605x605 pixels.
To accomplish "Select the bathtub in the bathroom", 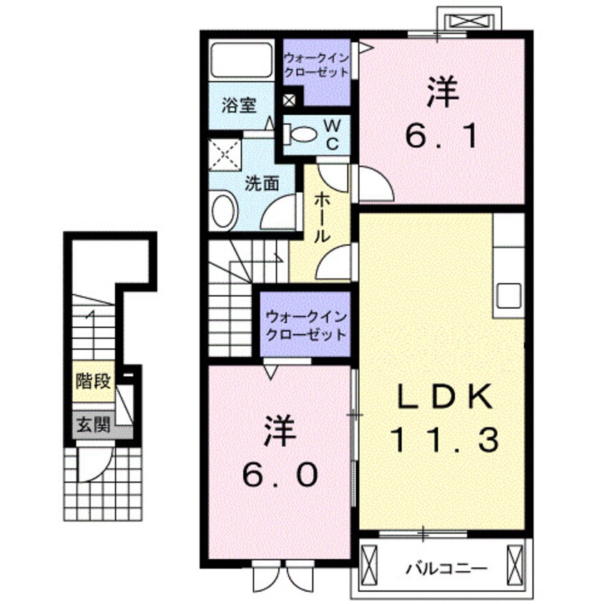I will tap(242, 63).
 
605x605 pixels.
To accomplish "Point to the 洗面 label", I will tap(261, 183).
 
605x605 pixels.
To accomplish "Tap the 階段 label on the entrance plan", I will tap(94, 380).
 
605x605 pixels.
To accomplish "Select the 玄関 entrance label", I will tap(93, 427).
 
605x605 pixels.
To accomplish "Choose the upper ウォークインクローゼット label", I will tap(316, 64).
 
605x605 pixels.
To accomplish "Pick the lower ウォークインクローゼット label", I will tap(305, 325).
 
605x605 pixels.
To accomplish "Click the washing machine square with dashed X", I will tap(224, 153).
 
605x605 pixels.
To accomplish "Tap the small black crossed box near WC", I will tap(289, 100).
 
